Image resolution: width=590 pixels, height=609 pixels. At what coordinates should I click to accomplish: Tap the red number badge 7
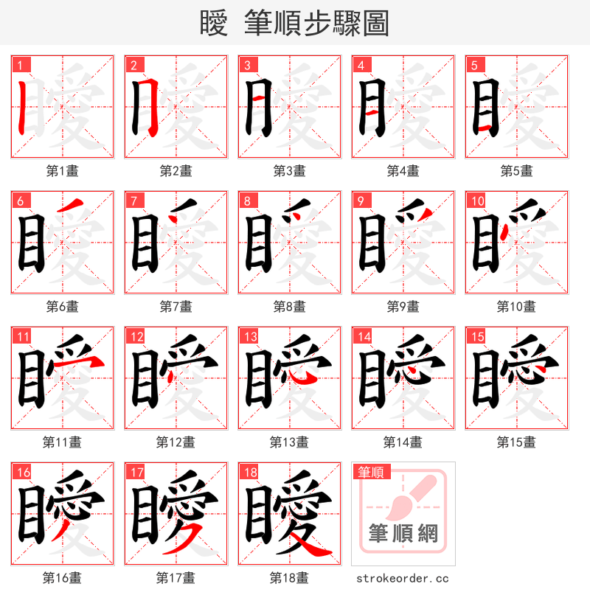pos(133,201)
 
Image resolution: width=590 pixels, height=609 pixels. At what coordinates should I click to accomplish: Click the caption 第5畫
pos(516,171)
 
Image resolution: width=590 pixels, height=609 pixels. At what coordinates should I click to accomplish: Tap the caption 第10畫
pos(516,307)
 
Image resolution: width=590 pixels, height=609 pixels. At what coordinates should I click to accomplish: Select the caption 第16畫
pos(62,578)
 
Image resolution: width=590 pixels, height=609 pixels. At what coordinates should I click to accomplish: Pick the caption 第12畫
pos(176,442)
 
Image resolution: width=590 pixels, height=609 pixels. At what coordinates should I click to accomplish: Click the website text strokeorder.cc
pos(403,579)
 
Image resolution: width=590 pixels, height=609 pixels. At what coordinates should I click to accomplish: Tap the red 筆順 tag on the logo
pos(370,473)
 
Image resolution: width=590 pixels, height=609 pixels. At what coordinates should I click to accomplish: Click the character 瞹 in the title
pos(213,23)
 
